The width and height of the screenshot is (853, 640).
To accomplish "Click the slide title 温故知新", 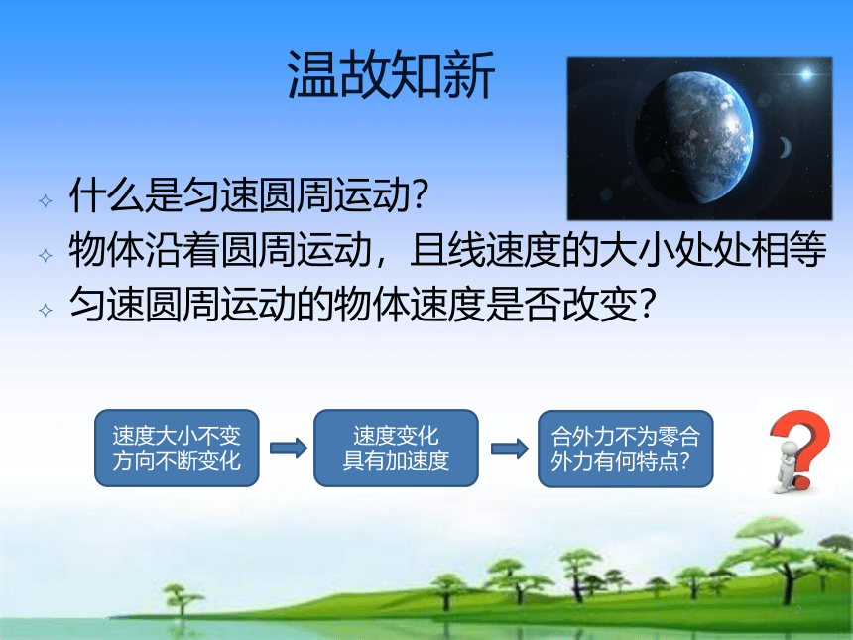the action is coord(391,74).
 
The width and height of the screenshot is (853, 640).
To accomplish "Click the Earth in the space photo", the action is coord(694,137).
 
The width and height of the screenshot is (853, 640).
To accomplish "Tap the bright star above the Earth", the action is coord(806,74).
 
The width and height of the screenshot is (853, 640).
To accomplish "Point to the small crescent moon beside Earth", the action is coord(785,147).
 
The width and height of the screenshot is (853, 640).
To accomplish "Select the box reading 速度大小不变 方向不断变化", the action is coord(177,448).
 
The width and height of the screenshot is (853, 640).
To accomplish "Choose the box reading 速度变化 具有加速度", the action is coord(396,448).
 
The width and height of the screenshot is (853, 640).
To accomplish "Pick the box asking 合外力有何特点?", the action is coord(625,448).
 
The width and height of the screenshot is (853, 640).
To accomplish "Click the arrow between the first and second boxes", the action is coord(289,448).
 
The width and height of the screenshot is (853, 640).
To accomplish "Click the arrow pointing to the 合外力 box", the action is coord(509,448).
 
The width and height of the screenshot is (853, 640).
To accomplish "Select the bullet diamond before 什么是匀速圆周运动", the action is coord(46,201).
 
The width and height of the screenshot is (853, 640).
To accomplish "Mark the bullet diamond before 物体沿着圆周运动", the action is coord(46,255).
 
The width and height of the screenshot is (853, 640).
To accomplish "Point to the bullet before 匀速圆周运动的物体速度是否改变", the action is coord(46,311).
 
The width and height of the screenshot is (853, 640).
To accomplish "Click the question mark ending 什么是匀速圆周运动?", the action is coord(420,194).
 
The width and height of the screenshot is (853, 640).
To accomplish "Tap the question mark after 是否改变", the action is coord(647,304).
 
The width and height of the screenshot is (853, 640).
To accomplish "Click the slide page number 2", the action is coord(798,610).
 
